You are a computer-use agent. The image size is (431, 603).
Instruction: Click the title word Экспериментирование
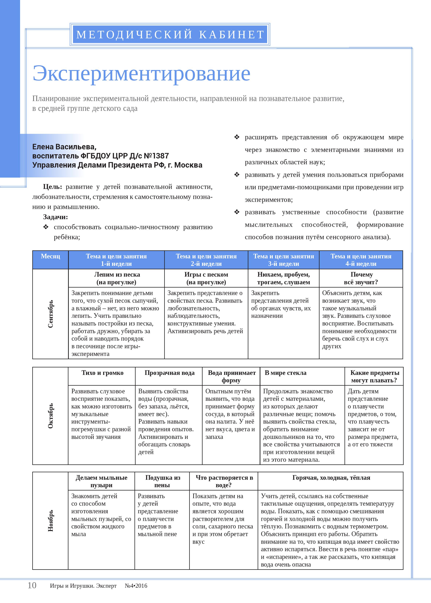coord(141,74)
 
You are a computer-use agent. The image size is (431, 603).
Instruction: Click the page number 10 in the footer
coord(32,585)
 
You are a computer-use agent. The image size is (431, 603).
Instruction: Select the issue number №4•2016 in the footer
coord(136,586)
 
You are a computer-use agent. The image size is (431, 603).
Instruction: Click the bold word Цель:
coord(52,187)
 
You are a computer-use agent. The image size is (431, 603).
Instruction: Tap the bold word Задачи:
coord(55,217)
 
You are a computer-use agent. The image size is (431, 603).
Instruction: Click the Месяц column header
coord(50,256)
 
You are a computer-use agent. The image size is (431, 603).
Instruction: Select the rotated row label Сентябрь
coord(50,314)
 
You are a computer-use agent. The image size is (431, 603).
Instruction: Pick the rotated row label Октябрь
coord(50,416)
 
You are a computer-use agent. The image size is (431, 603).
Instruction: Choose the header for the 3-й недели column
coord(283,260)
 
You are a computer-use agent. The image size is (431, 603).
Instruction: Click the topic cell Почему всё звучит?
coord(361,278)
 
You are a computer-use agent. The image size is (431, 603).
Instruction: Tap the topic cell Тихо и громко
coord(102,373)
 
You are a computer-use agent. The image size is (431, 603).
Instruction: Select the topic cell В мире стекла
coord(286,373)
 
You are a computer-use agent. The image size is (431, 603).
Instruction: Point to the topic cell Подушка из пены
coord(162,481)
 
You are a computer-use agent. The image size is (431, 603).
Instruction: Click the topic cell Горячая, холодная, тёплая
coord(331,478)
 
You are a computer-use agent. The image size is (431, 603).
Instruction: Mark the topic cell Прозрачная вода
coord(169,373)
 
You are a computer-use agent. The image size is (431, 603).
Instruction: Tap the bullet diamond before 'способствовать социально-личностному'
coord(46,227)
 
